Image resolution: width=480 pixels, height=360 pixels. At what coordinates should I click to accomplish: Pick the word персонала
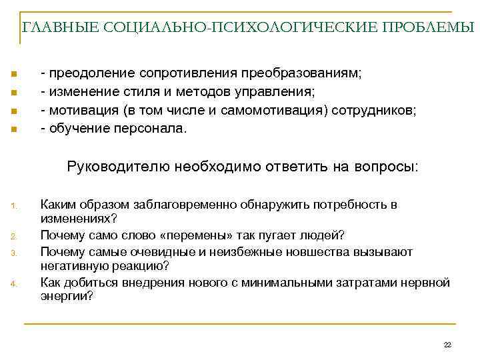click(x=151, y=127)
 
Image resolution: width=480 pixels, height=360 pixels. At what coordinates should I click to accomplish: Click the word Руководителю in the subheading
click(x=118, y=166)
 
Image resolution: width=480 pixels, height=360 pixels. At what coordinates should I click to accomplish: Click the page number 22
click(x=447, y=344)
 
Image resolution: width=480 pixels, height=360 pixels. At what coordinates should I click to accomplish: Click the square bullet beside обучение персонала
click(x=13, y=127)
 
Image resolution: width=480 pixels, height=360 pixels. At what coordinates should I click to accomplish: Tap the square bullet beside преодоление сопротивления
click(x=13, y=73)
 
